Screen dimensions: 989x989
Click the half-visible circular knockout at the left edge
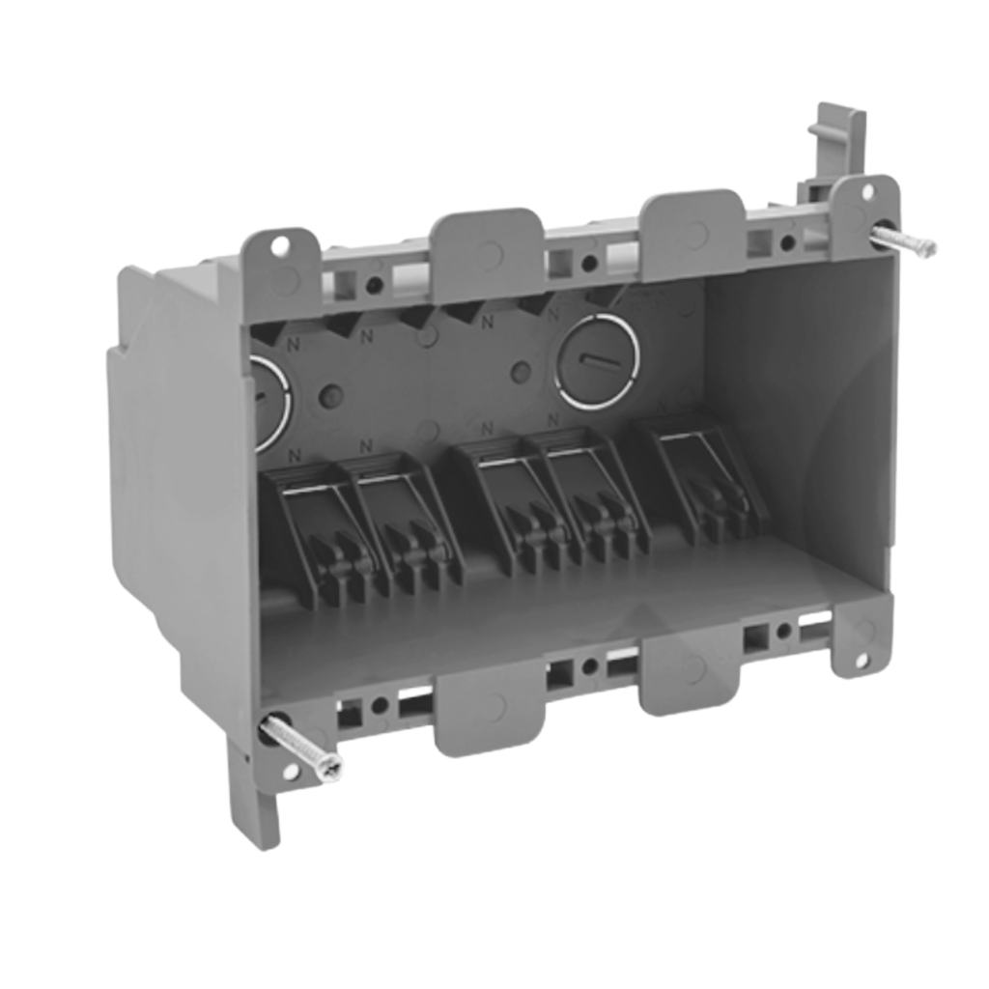coord(270,401)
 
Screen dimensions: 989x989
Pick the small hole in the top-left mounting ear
coord(279,246)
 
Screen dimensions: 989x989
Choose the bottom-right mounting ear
coord(860,635)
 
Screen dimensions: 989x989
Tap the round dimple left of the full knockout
coord(521,372)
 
